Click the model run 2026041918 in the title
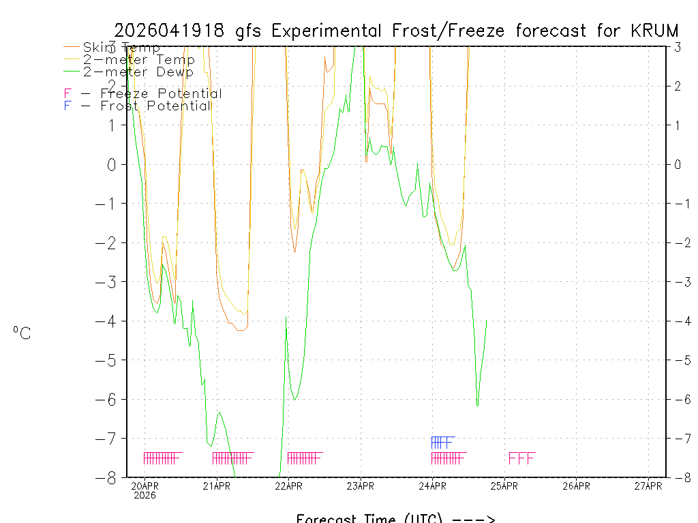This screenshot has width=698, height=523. pyautogui.click(x=171, y=31)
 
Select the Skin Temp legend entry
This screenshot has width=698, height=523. pyautogui.click(x=121, y=48)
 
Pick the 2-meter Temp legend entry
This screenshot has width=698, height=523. pyautogui.click(x=138, y=60)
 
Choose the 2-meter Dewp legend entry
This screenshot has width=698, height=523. pyautogui.click(x=138, y=72)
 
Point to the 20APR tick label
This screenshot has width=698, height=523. pyautogui.click(x=145, y=486)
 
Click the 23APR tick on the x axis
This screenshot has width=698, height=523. pyautogui.click(x=361, y=486)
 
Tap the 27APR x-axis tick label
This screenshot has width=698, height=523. pyautogui.click(x=648, y=486)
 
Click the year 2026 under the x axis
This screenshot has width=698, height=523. pyautogui.click(x=145, y=495)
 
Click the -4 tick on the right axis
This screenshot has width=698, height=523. pyautogui.click(x=678, y=321)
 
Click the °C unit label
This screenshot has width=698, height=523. pyautogui.click(x=22, y=333)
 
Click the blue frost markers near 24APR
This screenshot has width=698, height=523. pyautogui.click(x=442, y=442)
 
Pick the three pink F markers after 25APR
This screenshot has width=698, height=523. pyautogui.click(x=521, y=458)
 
